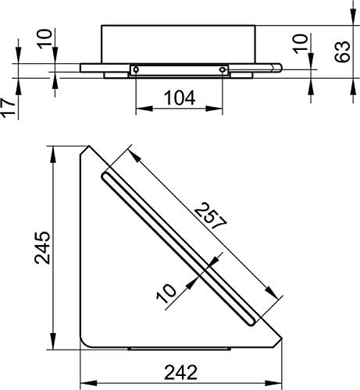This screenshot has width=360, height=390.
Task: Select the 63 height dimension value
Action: [340, 54]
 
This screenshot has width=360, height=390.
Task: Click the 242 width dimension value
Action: [181, 372]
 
